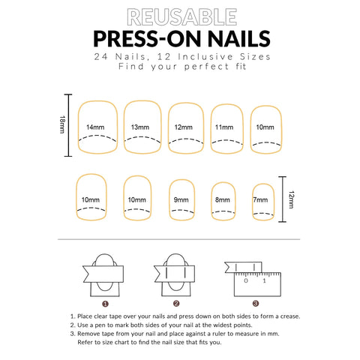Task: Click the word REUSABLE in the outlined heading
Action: pos(181,17)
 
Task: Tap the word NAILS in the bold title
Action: pos(239,39)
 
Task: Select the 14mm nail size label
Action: pos(95,127)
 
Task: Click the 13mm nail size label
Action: pos(140,127)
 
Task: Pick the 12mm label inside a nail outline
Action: pos(184,127)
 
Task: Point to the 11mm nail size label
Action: pos(224,127)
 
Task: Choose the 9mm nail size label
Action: pos(181,199)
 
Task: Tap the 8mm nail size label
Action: pos(223,199)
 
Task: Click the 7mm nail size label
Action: pos(260,199)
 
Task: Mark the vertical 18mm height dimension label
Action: pos(62,124)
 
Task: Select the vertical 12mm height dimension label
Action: pos(291,199)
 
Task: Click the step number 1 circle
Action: pos(105,304)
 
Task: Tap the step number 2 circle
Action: pos(176,304)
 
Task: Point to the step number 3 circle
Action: pos(256,304)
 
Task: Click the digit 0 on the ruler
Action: pos(246,280)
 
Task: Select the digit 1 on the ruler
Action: pos(264,280)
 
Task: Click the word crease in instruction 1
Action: pos(290,316)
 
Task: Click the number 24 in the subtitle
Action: pos(100,57)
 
